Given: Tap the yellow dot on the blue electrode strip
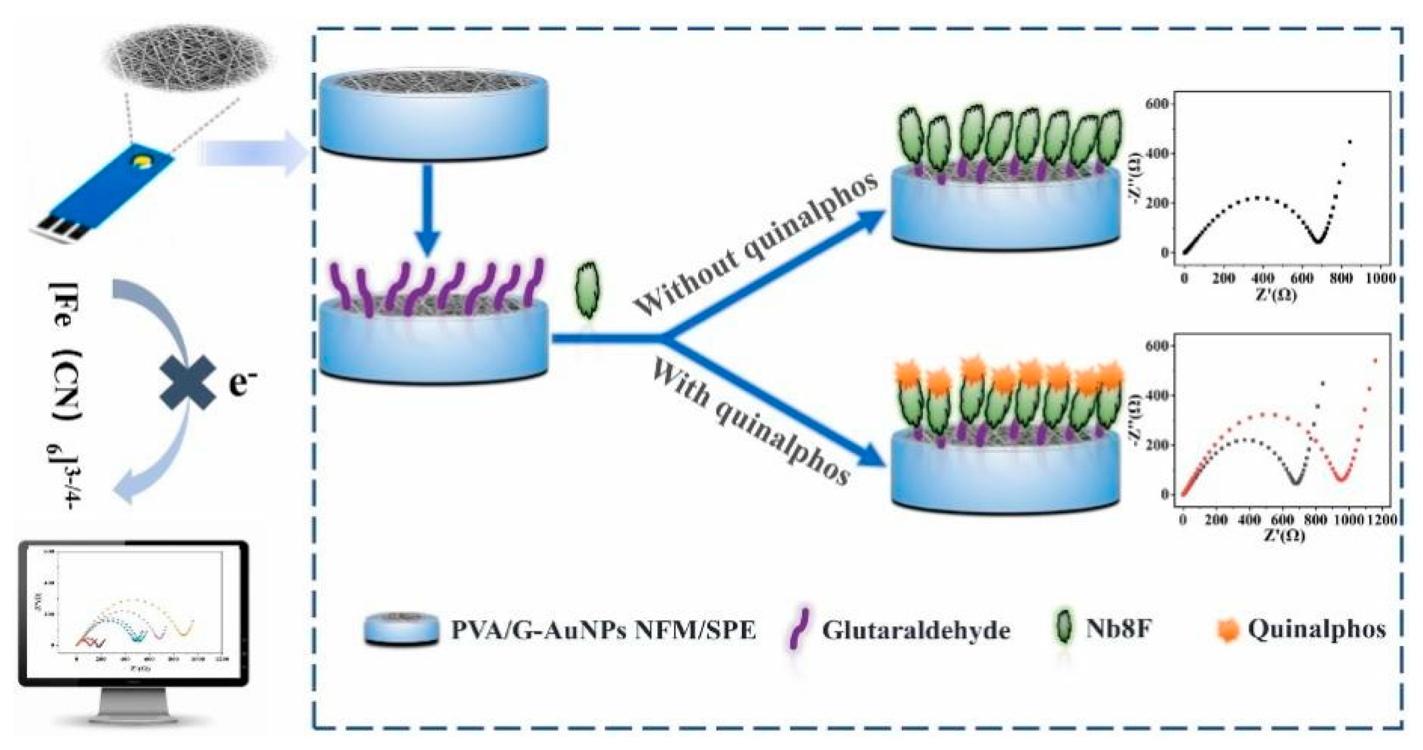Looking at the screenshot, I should [143, 162].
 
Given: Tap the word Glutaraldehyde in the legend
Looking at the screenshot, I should [916, 631].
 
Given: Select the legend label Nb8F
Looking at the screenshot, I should [1118, 629].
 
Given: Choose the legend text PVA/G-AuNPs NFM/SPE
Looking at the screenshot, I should [603, 631].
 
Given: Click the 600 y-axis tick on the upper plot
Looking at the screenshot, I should [1160, 104].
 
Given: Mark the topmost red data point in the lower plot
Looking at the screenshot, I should [1375, 361].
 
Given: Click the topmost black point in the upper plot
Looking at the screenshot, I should [1350, 142].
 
